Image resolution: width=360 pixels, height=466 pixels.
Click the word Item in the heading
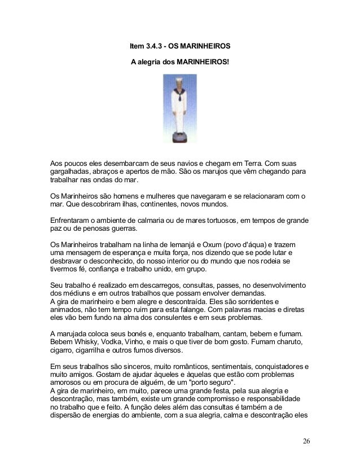pyautogui.click(x=137, y=45)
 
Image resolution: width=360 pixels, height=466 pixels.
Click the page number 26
pyautogui.click(x=305, y=440)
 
